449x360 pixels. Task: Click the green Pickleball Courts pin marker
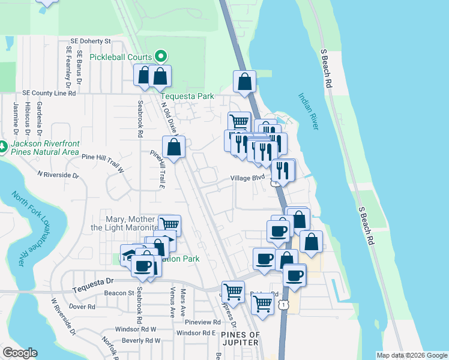[x=161, y=56]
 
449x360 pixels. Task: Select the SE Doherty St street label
[x=91, y=41]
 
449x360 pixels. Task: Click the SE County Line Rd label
[x=47, y=94]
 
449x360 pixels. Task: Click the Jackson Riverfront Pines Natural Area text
[x=45, y=148]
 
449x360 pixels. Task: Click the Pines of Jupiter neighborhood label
[x=240, y=338]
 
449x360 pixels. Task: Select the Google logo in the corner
[x=20, y=353]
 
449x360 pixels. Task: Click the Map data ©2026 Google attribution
[x=411, y=355]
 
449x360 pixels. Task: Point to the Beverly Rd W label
[x=141, y=340]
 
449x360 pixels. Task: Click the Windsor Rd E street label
[x=196, y=332]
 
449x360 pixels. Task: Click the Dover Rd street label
[x=82, y=307]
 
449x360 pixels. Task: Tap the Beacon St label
[x=118, y=293]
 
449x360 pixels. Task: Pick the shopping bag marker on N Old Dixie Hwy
[x=174, y=146]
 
